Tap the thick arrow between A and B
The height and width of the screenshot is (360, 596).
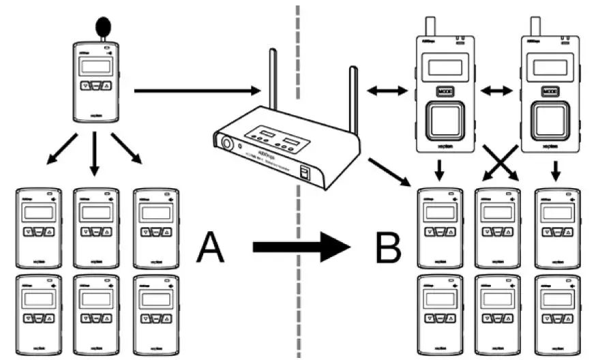[300, 246]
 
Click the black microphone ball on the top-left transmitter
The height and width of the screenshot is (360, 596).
[103, 26]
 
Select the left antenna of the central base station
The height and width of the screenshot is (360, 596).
[273, 78]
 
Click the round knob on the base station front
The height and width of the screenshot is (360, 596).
[224, 143]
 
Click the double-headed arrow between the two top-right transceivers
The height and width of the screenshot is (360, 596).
[496, 90]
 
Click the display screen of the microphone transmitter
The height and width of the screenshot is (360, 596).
[95, 67]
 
